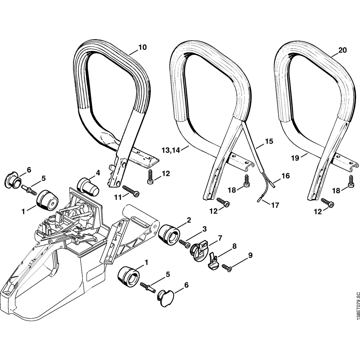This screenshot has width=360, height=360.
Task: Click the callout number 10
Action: click(x=143, y=47)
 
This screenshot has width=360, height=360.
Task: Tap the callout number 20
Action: click(x=342, y=51)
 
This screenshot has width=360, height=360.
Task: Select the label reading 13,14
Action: click(x=170, y=150)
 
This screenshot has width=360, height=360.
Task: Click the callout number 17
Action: click(x=275, y=206)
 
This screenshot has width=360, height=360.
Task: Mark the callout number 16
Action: click(x=285, y=176)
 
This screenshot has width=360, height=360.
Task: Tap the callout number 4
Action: click(x=98, y=173)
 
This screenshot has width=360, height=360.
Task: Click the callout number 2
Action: click(x=189, y=220)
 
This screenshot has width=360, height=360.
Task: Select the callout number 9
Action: click(x=250, y=255)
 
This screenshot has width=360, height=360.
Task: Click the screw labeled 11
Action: click(x=132, y=191)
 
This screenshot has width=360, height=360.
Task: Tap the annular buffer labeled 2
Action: click(x=168, y=236)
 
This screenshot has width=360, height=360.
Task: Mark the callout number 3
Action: click(x=204, y=229)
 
